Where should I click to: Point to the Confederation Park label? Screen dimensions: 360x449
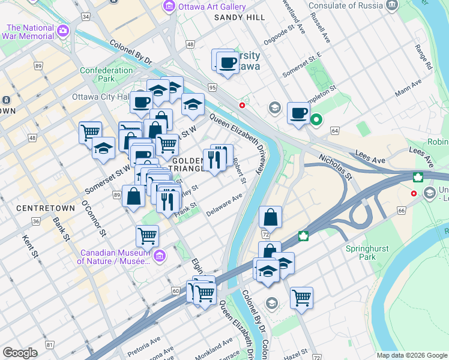coord(106,74)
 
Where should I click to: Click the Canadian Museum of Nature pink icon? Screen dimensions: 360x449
coord(159,257)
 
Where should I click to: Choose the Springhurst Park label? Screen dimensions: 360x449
coord(367,253)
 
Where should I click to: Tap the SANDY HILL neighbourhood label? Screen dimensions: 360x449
coord(240,18)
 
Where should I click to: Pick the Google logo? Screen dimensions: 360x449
coord(20,353)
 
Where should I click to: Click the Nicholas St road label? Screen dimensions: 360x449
coord(336,168)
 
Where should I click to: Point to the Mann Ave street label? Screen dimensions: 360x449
coord(408,89)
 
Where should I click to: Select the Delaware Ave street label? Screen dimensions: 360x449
coord(224,205)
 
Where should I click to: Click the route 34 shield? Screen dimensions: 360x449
coord(86,16)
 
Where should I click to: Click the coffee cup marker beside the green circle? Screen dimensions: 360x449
coord(298,113)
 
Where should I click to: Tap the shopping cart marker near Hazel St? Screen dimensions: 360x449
coord(301,298)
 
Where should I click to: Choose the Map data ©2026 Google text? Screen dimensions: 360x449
coord(411,355)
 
